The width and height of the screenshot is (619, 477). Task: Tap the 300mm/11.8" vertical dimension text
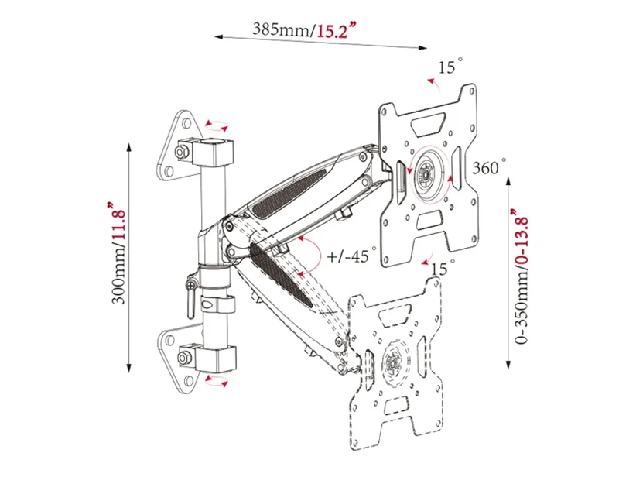click(118, 253)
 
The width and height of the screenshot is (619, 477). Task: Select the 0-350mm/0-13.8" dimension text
click(521, 276)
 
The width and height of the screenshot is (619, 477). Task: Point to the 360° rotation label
click(489, 167)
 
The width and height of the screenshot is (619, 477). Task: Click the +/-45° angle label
click(351, 256)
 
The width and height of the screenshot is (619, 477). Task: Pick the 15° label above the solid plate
click(450, 67)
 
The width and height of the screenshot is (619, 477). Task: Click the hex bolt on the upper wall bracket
click(181, 152)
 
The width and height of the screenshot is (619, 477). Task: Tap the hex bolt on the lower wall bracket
click(184, 358)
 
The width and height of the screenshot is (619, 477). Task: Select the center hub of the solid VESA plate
click(426, 174)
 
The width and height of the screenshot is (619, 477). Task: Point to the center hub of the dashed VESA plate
click(394, 362)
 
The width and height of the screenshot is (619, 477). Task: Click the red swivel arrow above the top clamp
click(217, 126)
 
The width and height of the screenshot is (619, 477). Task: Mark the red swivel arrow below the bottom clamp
click(217, 381)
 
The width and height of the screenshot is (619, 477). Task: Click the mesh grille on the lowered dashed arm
click(281, 275)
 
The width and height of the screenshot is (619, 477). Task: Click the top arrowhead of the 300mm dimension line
click(128, 147)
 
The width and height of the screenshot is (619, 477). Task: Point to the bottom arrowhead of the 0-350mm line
click(509, 365)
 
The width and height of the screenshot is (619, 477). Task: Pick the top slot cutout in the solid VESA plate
click(428, 125)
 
